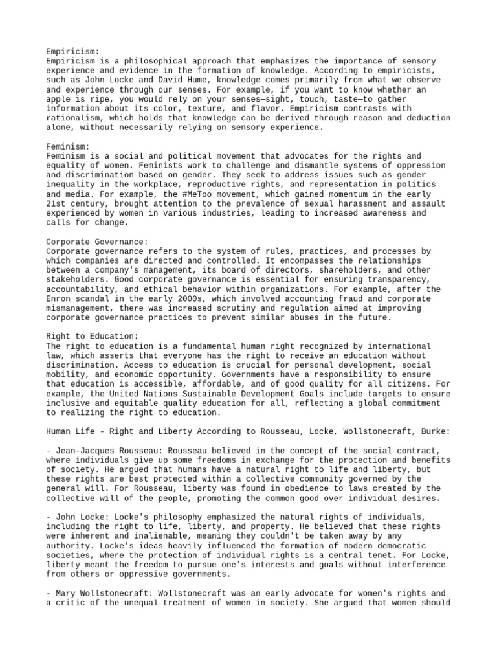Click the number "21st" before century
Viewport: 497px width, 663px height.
point(57,203)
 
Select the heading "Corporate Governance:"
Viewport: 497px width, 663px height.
point(98,242)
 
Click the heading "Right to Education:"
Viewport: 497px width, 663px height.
point(93,337)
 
